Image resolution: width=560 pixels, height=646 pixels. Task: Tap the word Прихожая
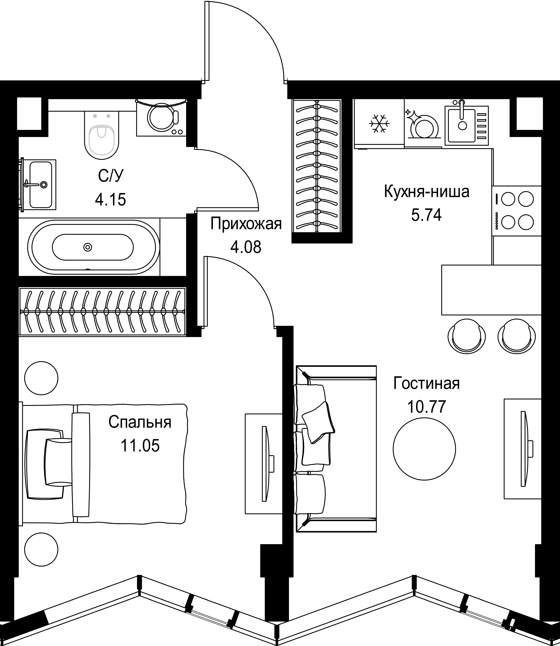tap(246, 224)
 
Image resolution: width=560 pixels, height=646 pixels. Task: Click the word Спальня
tap(140, 422)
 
